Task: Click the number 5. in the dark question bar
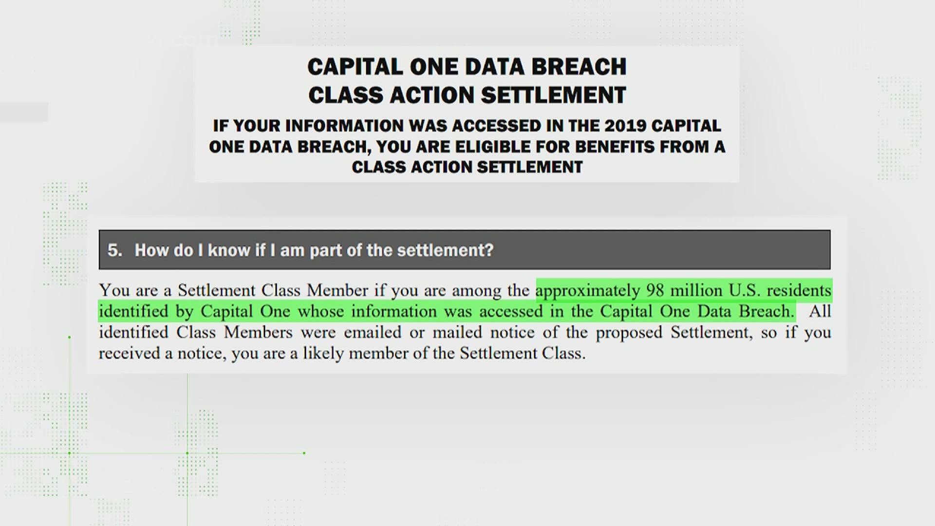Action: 114,250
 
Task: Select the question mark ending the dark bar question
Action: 489,250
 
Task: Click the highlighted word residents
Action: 799,291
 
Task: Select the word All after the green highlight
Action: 820,312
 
